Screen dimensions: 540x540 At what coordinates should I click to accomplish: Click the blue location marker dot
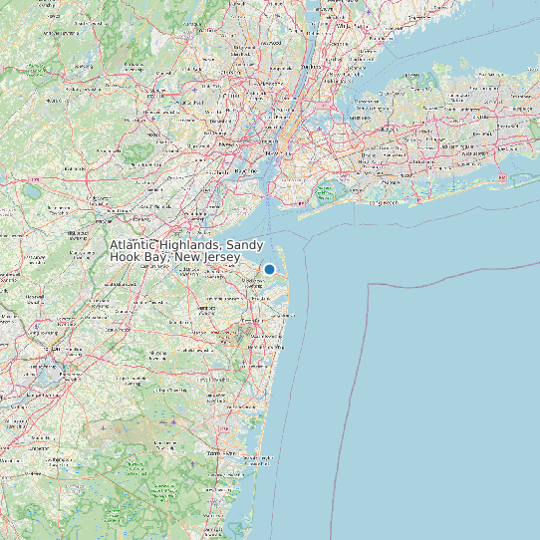pos(269,269)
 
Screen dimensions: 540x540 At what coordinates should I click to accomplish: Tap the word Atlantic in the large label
pos(138,245)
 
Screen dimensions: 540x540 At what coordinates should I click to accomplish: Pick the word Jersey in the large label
pos(221,258)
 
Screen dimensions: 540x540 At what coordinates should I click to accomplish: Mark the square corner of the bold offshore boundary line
pos(370,284)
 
